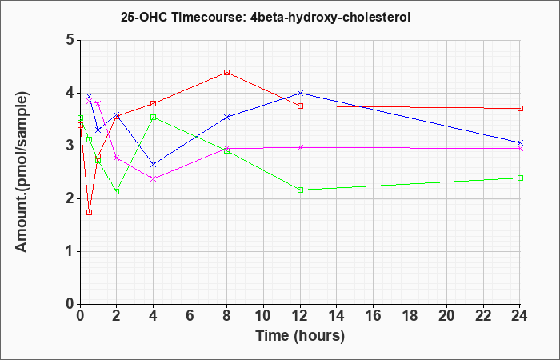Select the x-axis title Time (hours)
[300, 336]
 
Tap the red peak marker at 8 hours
[227, 72]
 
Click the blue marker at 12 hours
[300, 93]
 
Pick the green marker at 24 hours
[520, 178]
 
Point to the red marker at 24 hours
[520, 108]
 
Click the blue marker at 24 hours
[520, 142]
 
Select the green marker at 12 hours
[300, 190]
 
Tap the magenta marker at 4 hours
[153, 178]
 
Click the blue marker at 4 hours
[153, 164]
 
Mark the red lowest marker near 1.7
[89, 212]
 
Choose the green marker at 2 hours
[116, 191]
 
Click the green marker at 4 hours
[153, 117]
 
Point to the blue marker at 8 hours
[227, 117]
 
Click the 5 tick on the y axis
[69, 40]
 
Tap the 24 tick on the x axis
[520, 315]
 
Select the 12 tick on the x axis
[300, 315]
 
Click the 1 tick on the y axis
[69, 251]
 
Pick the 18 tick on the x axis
[410, 315]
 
